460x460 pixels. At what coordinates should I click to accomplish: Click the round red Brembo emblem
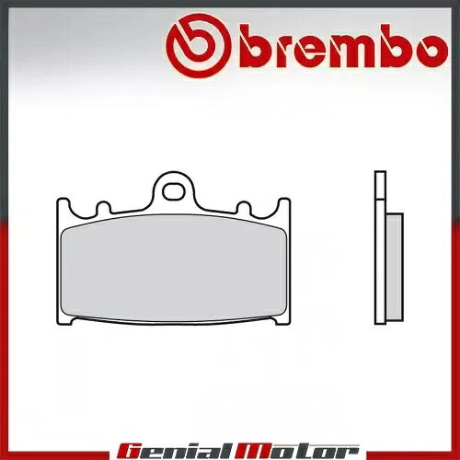191,44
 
